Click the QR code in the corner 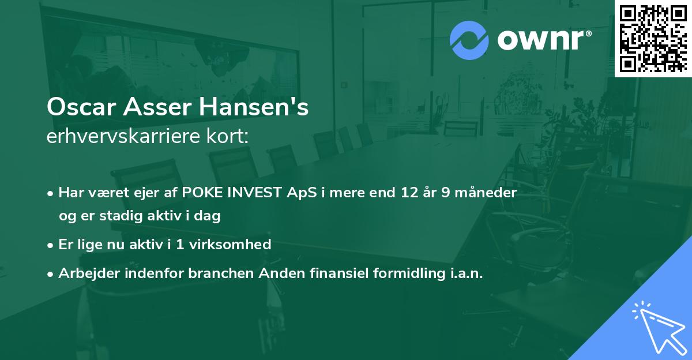click(653, 38)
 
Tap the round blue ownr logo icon click(469, 40)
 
